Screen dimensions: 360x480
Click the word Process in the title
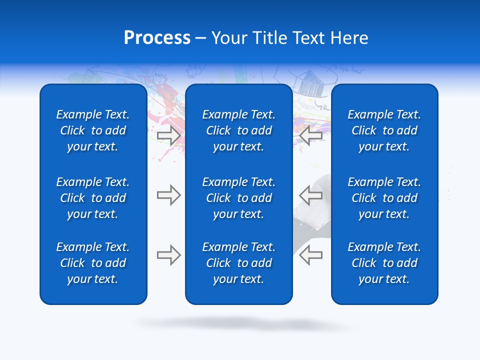point(157,38)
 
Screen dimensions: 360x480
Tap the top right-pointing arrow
point(168,135)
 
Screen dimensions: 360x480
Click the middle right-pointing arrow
point(168,195)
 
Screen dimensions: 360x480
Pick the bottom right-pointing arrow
point(168,255)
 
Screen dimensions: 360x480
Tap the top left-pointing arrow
point(310,135)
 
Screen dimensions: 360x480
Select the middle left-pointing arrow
point(310,195)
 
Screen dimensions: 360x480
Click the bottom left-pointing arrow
point(310,255)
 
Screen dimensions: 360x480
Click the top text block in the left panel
point(93,130)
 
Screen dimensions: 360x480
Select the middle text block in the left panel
point(93,198)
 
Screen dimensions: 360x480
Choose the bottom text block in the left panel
point(93,263)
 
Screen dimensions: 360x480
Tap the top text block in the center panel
point(239,130)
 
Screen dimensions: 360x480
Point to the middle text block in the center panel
point(239,198)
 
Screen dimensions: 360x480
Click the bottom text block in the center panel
point(239,263)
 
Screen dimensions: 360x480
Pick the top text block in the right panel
point(384,130)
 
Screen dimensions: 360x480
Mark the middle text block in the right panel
point(384,198)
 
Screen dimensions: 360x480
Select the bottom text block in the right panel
point(384,263)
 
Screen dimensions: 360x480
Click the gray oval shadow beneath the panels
point(245,323)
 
